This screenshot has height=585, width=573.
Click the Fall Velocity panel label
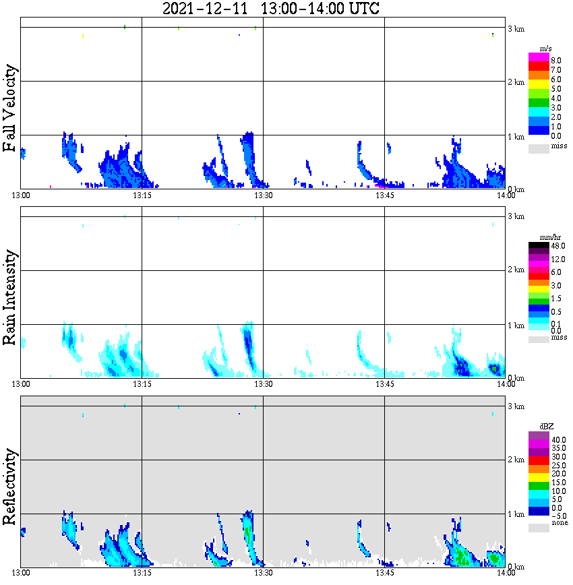tap(10, 109)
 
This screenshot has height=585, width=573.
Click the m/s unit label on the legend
tap(547, 51)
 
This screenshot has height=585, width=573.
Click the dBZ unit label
tap(546, 427)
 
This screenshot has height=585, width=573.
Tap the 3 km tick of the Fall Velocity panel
tap(516, 28)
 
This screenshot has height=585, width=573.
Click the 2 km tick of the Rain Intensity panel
tap(516, 270)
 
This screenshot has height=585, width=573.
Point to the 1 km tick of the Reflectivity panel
tap(516, 514)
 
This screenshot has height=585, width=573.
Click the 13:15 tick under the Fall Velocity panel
tap(142, 195)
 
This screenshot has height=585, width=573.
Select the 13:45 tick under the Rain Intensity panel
tap(384, 384)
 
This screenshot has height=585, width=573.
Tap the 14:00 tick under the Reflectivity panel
tap(506, 574)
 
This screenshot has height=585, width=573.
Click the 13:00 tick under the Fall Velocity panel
tap(21, 195)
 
